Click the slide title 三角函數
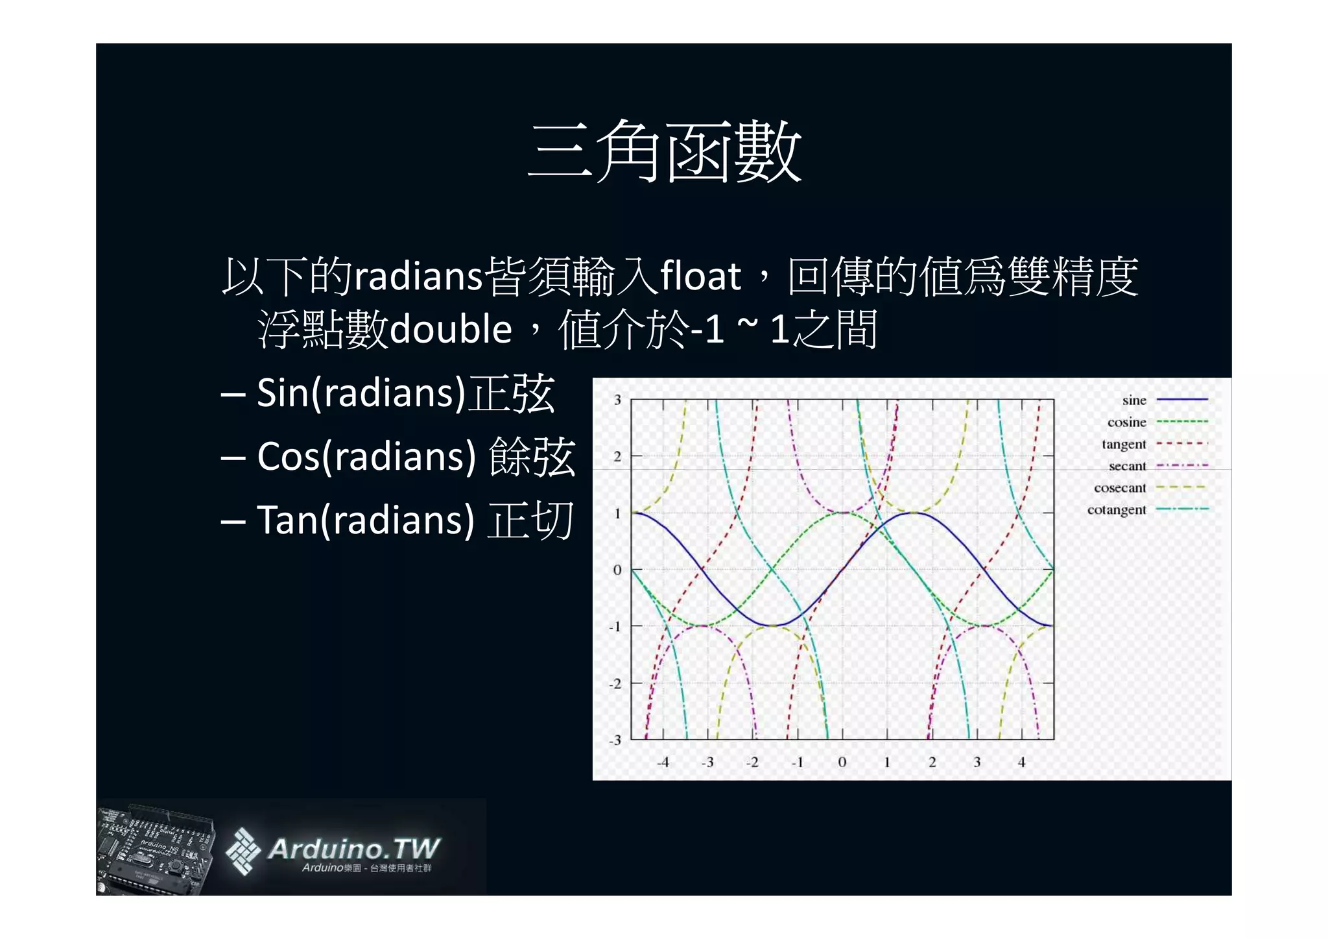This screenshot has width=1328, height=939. [x=665, y=152]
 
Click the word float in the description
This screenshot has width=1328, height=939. [x=700, y=276]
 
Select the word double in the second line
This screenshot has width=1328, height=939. [x=451, y=329]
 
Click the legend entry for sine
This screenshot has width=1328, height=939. [x=1134, y=400]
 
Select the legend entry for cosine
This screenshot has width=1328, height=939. [x=1126, y=422]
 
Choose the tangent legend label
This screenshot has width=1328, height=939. [x=1124, y=445]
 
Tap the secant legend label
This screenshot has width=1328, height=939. [x=1127, y=466]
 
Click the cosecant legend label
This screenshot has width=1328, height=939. [x=1120, y=488]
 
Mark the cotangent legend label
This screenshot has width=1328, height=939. [x=1117, y=510]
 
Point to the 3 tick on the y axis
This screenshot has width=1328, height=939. [x=617, y=400]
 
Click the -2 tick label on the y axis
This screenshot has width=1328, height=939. [x=615, y=683]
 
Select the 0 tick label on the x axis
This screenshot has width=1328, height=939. [x=842, y=762]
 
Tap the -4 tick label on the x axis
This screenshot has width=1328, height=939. [x=662, y=762]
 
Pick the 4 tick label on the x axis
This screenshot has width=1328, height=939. [x=1021, y=762]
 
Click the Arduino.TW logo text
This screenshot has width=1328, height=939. [x=353, y=849]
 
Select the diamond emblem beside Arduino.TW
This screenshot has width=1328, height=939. [x=243, y=851]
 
